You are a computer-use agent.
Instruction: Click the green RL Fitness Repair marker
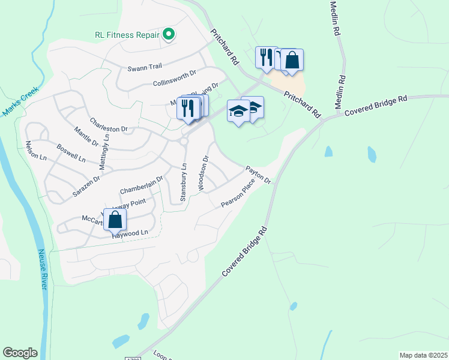(169, 35)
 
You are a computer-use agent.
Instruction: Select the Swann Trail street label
(141, 68)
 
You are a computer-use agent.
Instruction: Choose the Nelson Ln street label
(35, 151)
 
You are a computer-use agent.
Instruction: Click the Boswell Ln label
(71, 152)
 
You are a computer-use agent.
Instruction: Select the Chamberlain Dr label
(141, 184)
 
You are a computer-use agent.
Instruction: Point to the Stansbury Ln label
(184, 178)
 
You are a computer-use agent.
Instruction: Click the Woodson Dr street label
(203, 173)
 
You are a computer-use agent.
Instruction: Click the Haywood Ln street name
(130, 234)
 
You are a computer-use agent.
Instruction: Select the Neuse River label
(43, 269)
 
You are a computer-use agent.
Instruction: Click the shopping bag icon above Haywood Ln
(115, 220)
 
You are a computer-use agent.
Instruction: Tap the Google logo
(20, 352)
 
